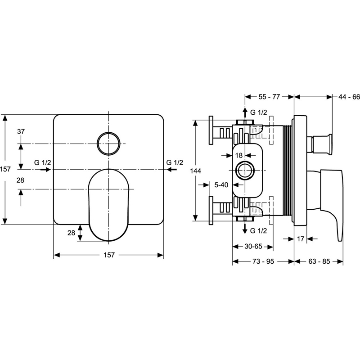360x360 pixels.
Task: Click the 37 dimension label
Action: (x=21, y=131)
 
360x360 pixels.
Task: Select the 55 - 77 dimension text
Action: (x=269, y=96)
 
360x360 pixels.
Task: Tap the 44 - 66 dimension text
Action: (x=350, y=96)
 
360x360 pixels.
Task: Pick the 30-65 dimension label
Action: (x=253, y=246)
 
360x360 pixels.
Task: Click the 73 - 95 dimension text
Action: (x=263, y=261)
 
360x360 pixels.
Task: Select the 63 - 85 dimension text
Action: (x=319, y=261)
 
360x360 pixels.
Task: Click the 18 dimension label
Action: (x=239, y=155)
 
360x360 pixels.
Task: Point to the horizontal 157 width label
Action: (x=108, y=255)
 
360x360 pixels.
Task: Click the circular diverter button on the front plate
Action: (x=108, y=144)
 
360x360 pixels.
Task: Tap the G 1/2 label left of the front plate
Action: (x=42, y=162)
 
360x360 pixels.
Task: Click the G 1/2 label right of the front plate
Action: (x=175, y=162)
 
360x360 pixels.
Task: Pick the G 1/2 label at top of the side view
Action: (x=259, y=112)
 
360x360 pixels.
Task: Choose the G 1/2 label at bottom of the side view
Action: (x=259, y=230)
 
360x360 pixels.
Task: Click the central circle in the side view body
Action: (x=244, y=171)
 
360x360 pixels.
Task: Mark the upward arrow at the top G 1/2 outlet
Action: (x=244, y=111)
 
